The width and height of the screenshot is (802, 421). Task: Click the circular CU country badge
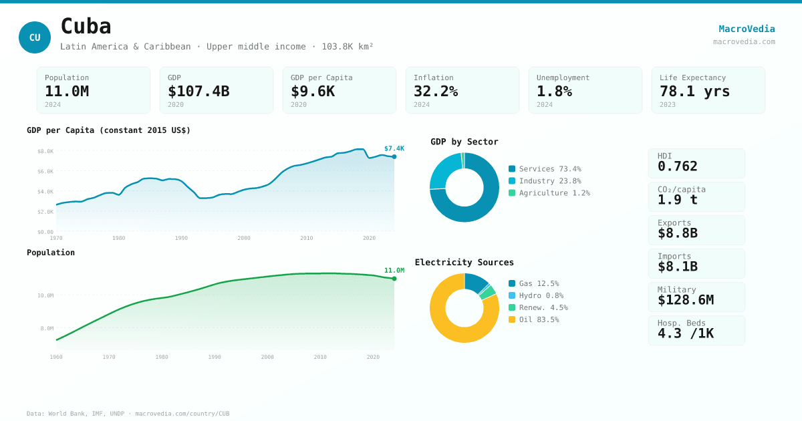coord(35,37)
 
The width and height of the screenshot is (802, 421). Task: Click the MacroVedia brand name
coord(747,29)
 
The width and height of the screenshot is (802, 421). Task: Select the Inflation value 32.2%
coord(436,92)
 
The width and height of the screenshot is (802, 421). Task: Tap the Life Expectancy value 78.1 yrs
coord(694,92)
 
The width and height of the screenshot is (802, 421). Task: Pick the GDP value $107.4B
coord(198,92)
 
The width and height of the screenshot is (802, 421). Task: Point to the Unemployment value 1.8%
coord(554,92)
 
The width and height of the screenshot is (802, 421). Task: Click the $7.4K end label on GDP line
coord(394,148)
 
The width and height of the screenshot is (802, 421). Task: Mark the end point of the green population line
coord(394,279)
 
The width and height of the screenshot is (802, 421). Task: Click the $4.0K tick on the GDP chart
coord(45,192)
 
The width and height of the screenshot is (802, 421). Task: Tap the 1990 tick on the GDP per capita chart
coord(181,238)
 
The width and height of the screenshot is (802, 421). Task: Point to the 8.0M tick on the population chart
coord(47,328)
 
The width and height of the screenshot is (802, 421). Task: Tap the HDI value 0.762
coord(677,166)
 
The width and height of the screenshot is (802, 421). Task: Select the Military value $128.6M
coord(685,300)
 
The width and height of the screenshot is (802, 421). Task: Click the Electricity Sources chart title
coord(464,263)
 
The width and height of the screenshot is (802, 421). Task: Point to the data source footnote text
coord(128,414)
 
